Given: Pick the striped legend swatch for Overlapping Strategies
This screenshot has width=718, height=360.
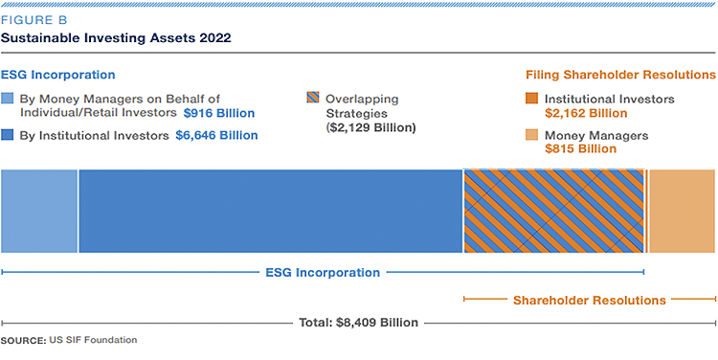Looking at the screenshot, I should coord(310,100).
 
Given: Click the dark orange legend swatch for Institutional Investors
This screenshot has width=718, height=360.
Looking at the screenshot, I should coord(531,100).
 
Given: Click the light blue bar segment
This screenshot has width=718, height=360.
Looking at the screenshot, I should coord(39,212).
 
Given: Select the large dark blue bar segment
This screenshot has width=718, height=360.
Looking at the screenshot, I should coord(270,212).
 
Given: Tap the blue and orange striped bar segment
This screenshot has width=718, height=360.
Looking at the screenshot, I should coord(553,212).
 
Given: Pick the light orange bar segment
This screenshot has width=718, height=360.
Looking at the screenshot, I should coord(682,212).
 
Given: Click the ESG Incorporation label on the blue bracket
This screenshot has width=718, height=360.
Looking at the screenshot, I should coord(322,273).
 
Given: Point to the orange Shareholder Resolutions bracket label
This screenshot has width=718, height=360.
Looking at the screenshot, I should coord(589,301).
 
